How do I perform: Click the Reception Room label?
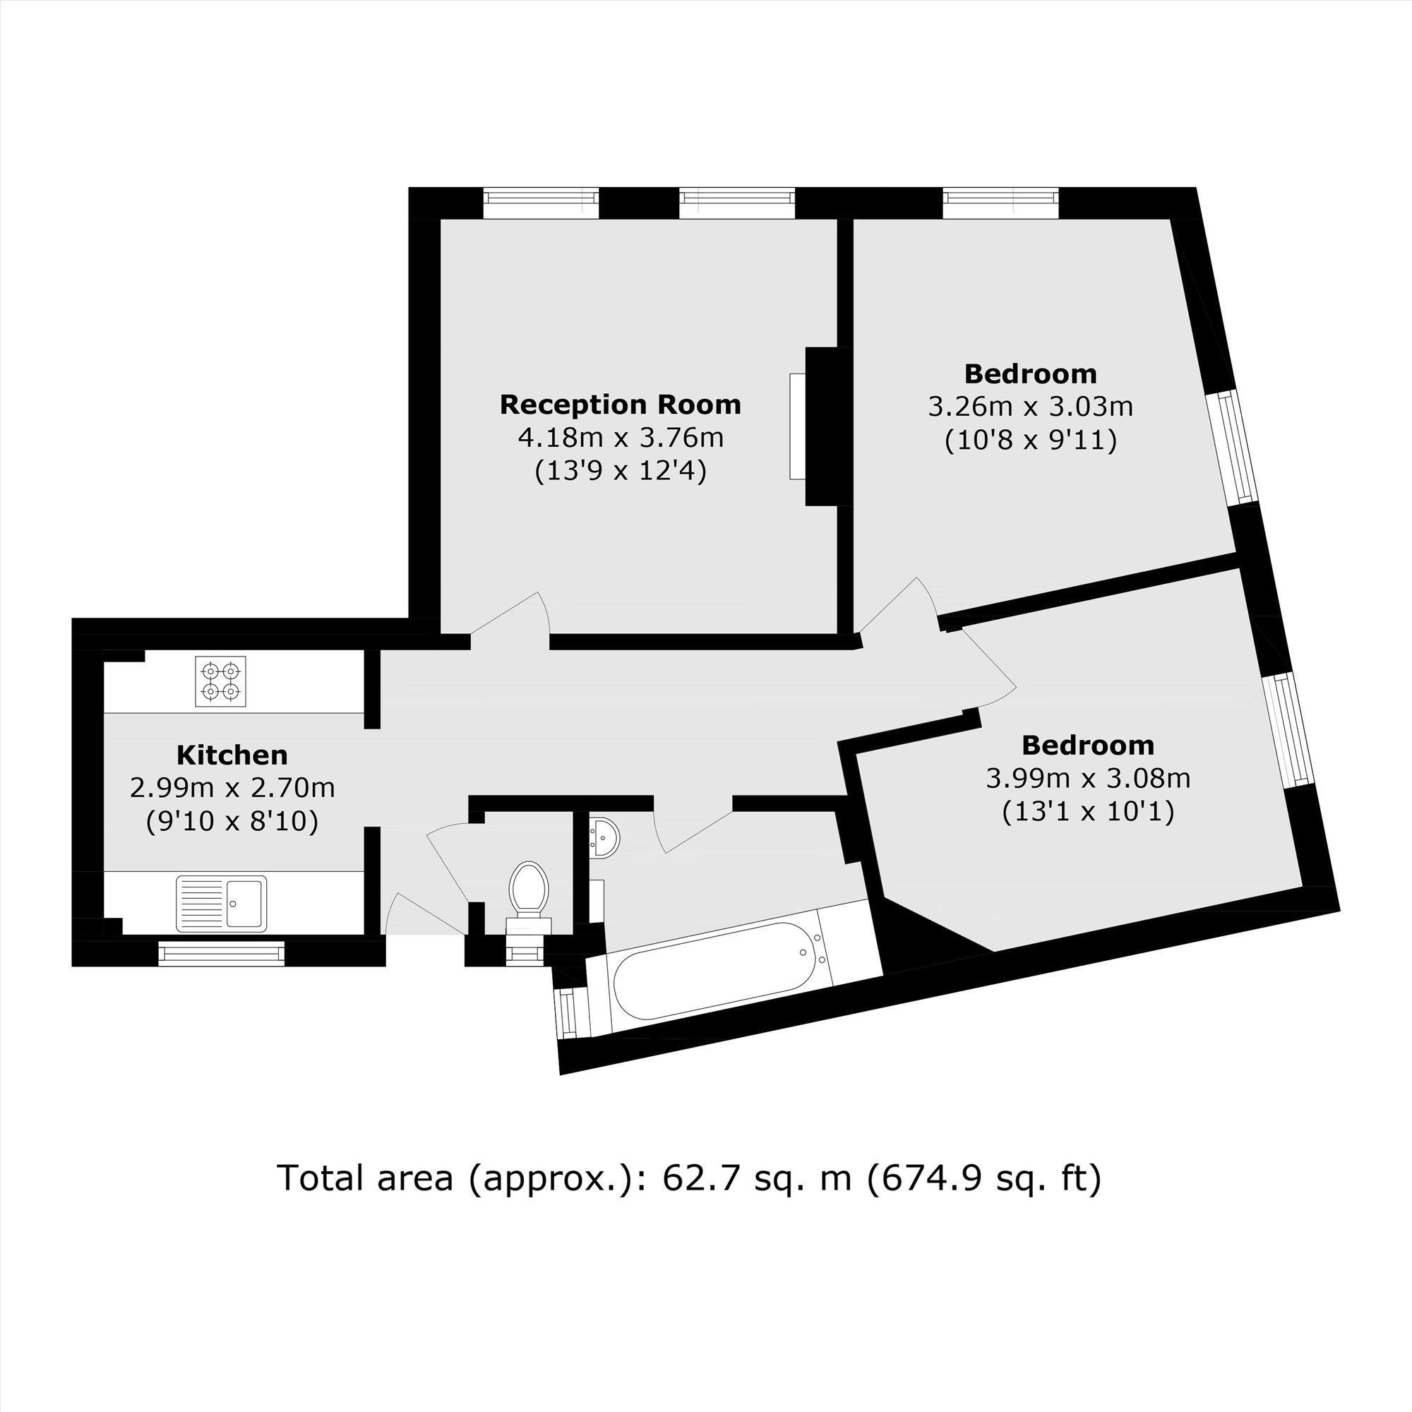point(621,405)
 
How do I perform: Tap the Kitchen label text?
point(232,755)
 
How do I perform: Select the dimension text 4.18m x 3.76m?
point(621,438)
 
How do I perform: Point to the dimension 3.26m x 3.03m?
point(1031,407)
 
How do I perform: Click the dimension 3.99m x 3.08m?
point(1088,778)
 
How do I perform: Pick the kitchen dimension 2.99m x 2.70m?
point(232,788)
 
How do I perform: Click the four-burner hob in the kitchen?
point(221,681)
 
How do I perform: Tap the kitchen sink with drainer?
point(222,904)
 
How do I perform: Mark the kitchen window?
point(222,953)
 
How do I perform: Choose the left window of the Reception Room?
point(541,203)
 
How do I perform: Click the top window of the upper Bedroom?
point(1000,203)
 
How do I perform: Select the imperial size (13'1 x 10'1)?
point(1088,812)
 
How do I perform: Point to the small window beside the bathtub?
point(568,1012)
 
